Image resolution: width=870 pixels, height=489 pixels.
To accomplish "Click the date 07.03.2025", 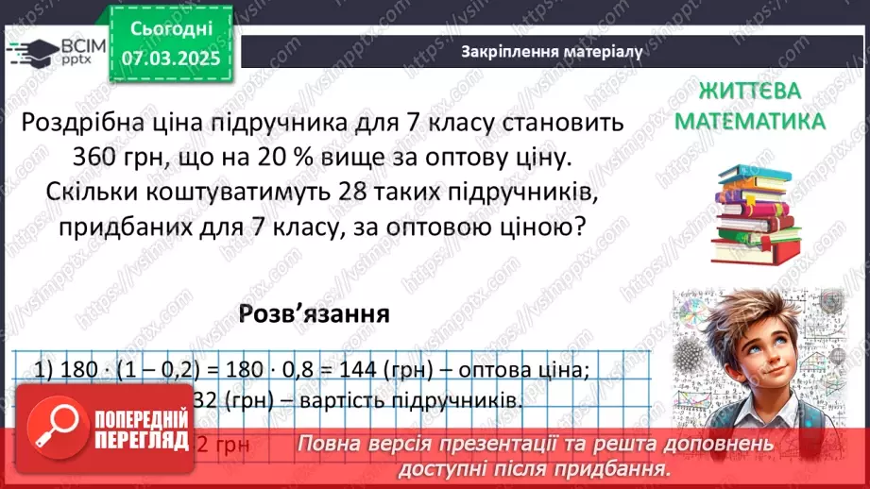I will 170,58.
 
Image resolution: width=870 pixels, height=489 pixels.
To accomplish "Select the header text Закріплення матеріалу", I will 553,52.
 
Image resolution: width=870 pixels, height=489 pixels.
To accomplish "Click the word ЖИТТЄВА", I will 750,92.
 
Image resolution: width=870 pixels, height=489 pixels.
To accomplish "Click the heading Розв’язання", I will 314,313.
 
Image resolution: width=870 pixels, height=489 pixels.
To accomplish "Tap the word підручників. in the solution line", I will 464,400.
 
